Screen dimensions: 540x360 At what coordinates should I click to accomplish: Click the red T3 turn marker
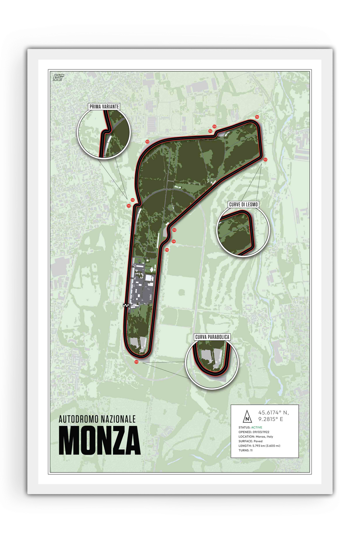coord(147,142)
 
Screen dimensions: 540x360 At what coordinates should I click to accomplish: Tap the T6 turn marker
coord(257,117)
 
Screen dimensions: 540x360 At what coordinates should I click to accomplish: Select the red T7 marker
coord(265,160)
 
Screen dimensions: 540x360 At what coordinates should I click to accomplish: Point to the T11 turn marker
coord(136,362)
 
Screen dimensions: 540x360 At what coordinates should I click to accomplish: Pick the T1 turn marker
coord(129,206)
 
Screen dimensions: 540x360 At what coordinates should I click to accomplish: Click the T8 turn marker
coord(174,230)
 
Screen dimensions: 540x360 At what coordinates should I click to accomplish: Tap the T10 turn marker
coord(167,250)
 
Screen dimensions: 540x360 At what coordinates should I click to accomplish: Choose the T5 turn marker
coord(214,127)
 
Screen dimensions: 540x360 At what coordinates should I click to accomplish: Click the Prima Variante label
coord(104,107)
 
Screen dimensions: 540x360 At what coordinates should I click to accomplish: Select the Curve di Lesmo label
coord(243,204)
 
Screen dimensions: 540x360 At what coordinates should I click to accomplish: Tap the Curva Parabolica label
coord(212,337)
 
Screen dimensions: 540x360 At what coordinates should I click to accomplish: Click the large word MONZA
coord(99,440)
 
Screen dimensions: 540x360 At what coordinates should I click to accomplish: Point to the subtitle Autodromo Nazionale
coord(97,419)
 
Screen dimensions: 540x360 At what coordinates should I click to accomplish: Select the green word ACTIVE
coord(257,427)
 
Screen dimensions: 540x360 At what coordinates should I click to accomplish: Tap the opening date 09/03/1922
coord(261,432)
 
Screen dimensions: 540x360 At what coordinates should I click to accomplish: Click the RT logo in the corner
coord(58,78)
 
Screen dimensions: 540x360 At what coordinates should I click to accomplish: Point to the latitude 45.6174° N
coord(273,413)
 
